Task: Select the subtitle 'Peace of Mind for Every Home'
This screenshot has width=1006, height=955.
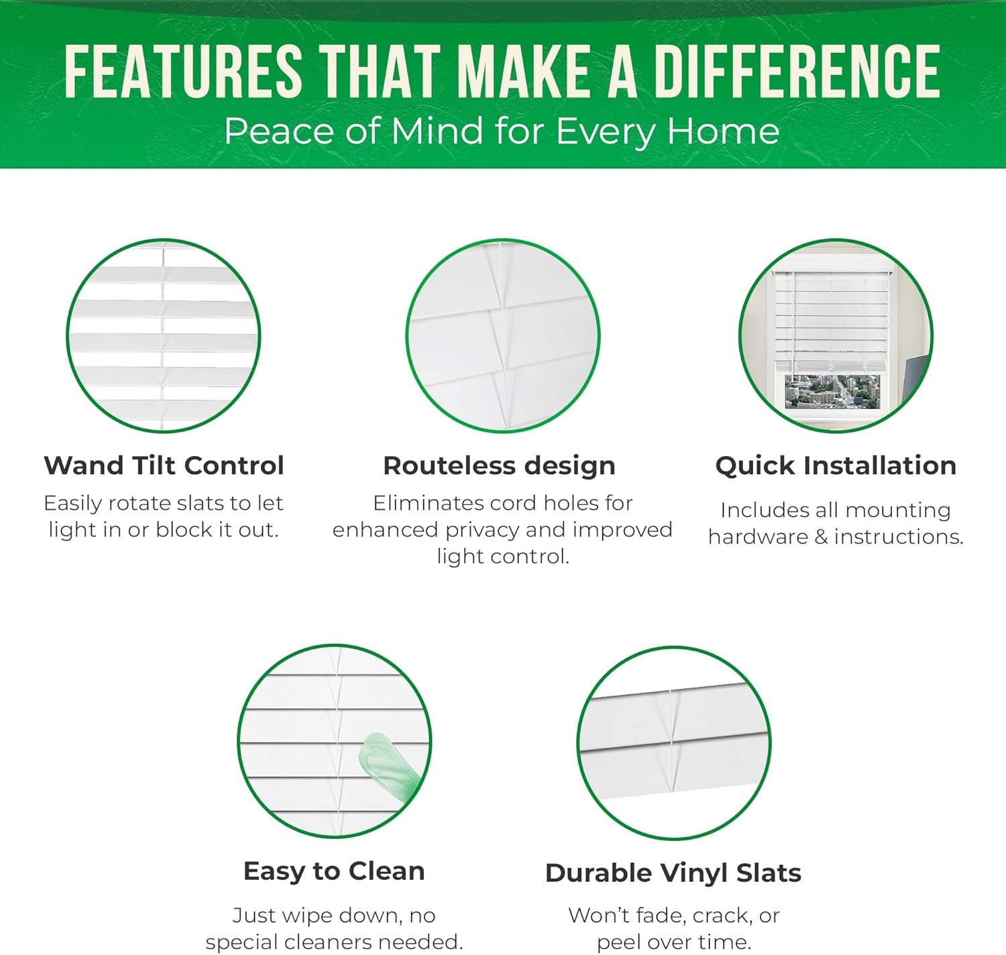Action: click(x=502, y=131)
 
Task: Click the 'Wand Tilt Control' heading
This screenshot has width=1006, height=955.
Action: click(x=164, y=465)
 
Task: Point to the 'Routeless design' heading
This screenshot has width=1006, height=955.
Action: click(x=499, y=465)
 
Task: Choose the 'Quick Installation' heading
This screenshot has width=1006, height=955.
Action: click(x=836, y=465)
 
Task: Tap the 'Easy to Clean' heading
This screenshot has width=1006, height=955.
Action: click(x=334, y=871)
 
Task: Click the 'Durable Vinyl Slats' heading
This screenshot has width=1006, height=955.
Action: click(x=673, y=873)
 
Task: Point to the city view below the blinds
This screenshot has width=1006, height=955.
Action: click(x=832, y=392)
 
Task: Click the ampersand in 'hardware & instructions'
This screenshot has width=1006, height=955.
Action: click(x=821, y=537)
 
